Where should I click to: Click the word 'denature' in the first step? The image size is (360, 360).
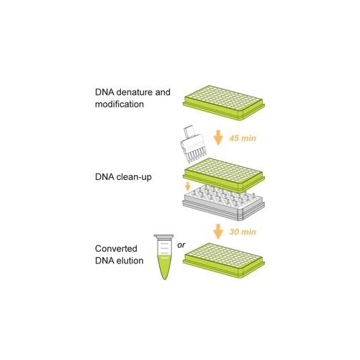tap(134, 92)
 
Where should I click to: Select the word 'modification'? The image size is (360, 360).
tap(120, 104)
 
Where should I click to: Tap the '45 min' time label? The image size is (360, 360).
tap(243, 138)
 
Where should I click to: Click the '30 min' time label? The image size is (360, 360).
tap(243, 232)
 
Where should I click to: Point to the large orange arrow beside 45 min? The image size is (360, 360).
tap(218, 138)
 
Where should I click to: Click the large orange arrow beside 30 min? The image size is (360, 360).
tap(218, 232)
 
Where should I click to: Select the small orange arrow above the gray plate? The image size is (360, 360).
tap(188, 186)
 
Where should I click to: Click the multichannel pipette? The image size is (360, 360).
tap(193, 144)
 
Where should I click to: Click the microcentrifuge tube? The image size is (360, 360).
tap(164, 257)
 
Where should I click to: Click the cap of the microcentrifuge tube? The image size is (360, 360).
tap(163, 236)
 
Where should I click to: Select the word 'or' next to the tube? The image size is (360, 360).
tap(181, 245)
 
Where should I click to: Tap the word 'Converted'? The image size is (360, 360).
tap(116, 248)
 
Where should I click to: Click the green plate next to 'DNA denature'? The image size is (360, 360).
tap(224, 103)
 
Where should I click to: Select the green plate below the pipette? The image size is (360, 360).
tap(224, 175)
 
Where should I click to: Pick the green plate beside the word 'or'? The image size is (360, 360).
tap(224, 260)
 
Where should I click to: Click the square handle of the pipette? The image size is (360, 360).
tap(189, 132)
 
